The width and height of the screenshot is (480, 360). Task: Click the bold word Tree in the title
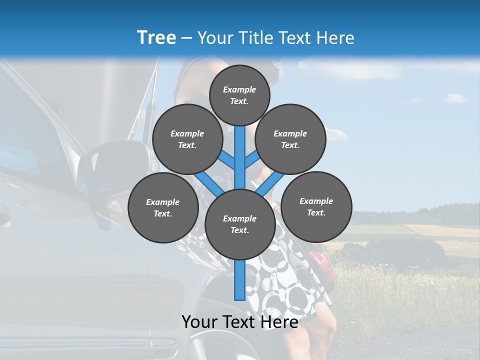pos(156,38)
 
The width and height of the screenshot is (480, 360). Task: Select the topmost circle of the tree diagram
pos(239,95)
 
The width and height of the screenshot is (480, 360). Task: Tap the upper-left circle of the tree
pos(187,139)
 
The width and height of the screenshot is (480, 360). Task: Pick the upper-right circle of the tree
pos(290,139)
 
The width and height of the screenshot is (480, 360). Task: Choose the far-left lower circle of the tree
pos(163,207)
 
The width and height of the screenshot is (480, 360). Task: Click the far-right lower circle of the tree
pos(316,206)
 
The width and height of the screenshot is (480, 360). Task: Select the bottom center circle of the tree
pos(240,224)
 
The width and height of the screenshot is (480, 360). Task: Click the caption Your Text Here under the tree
pos(240,322)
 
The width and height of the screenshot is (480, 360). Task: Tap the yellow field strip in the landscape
pos(440,230)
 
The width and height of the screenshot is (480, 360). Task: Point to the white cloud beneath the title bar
pos(350,70)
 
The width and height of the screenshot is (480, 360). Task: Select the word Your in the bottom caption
pos(200,322)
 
